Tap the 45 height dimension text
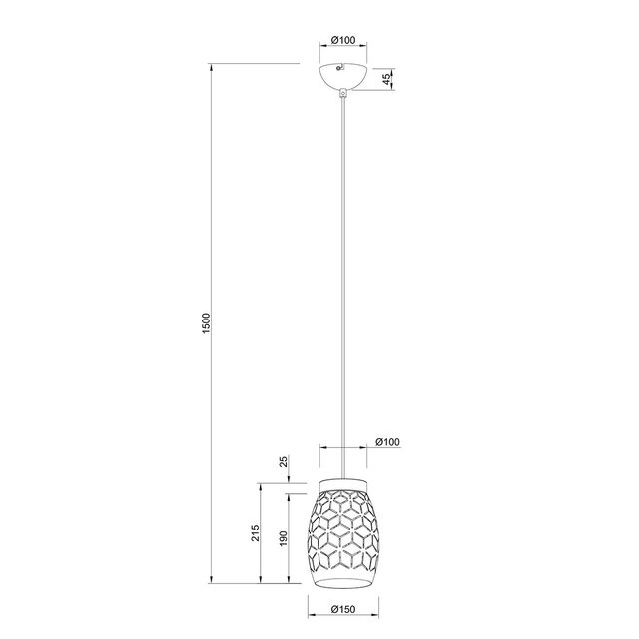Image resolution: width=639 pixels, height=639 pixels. [x=386, y=77]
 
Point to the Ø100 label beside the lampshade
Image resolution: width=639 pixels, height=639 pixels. [x=387, y=442]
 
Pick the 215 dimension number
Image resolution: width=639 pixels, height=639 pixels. [x=254, y=534]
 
